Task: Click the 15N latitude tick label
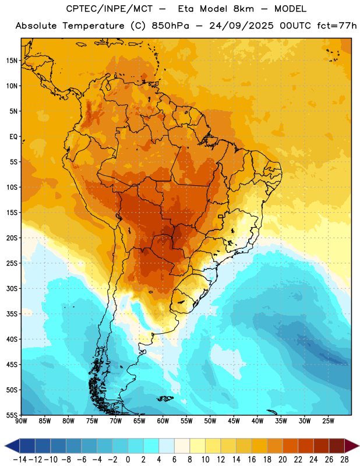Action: (12, 61)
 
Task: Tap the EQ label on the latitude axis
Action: (13, 137)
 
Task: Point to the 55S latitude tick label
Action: (12, 415)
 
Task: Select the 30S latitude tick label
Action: (12, 288)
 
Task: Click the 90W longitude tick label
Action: (21, 421)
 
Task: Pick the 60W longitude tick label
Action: (163, 421)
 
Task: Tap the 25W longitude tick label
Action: (328, 421)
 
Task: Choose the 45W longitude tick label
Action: (234, 421)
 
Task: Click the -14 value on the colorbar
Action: (20, 460)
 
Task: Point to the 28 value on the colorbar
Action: (344, 460)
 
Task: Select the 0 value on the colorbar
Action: (128, 460)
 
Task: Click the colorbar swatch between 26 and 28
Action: (337, 446)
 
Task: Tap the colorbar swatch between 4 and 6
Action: (167, 446)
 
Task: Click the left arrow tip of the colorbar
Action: (5, 446)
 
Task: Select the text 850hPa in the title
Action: (170, 26)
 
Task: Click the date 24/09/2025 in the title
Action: (241, 26)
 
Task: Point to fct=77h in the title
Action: (337, 26)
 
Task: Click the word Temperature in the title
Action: (93, 26)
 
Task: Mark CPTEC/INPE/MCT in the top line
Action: (110, 9)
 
